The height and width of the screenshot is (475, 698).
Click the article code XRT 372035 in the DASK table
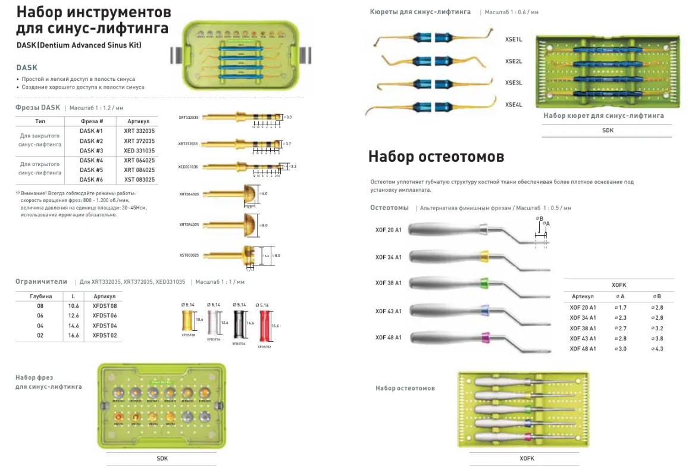point(139,140)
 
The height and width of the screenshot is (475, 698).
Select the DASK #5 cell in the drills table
point(91,170)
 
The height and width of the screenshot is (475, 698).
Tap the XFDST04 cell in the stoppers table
point(104,326)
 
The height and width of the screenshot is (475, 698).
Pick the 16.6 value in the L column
point(73,336)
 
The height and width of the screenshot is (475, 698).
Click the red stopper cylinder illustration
point(266,327)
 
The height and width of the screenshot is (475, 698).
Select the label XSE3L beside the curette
point(513,83)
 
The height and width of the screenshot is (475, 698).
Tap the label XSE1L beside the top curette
point(513,39)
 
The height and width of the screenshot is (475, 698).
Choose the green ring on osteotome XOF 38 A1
point(484,283)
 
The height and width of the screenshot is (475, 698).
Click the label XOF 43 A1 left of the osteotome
point(388,311)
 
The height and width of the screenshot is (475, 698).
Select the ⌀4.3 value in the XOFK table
point(658,348)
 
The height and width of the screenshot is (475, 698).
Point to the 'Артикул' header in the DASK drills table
point(139,121)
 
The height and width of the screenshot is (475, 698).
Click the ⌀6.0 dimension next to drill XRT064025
point(264,193)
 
